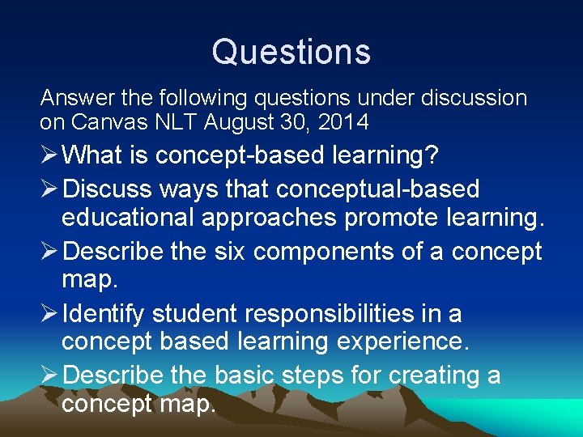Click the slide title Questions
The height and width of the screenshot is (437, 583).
coord(291,52)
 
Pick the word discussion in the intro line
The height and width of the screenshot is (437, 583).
coord(479,99)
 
